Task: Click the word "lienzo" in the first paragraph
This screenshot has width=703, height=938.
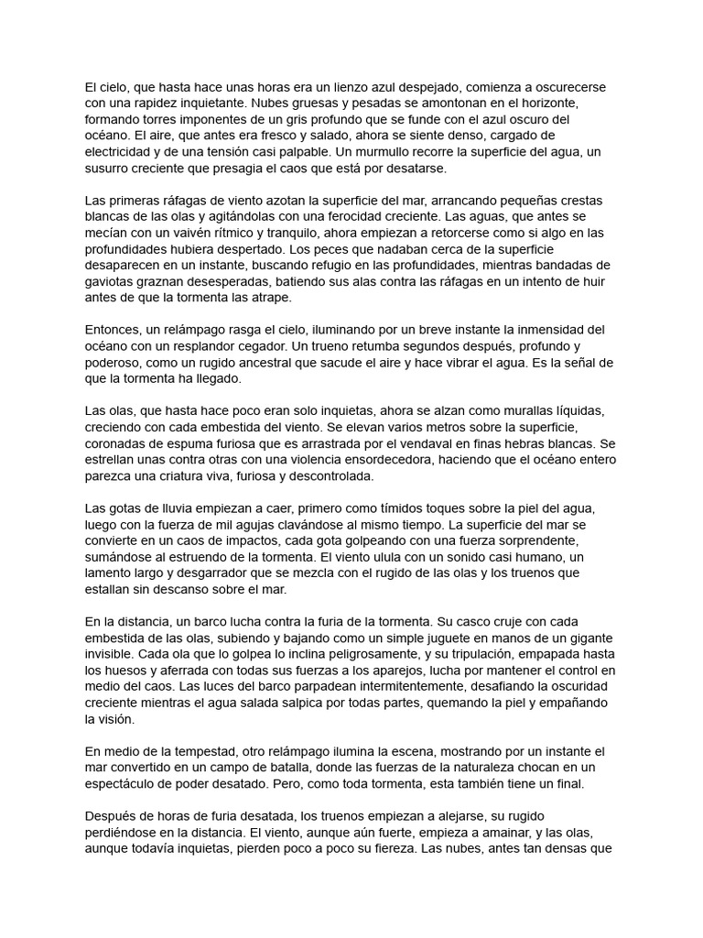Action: pyautogui.click(x=315, y=87)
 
